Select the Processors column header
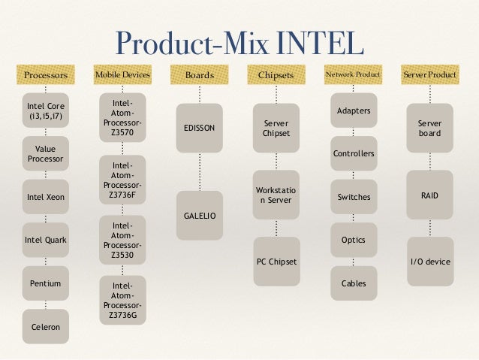[46, 75]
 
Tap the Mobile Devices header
[122, 75]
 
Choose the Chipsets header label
[276, 75]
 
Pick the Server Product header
[430, 75]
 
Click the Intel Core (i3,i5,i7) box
[46, 111]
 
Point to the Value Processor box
[46, 154]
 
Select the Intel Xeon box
[46, 197]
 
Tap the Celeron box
[46, 326]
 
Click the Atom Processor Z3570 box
[122, 117]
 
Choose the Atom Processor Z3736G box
[122, 300]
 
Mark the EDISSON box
[199, 128]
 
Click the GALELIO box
[199, 216]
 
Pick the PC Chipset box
[276, 262]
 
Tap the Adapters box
[354, 111]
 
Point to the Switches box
[354, 197]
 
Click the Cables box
[354, 283]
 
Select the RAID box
[430, 195]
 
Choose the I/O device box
[430, 262]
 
